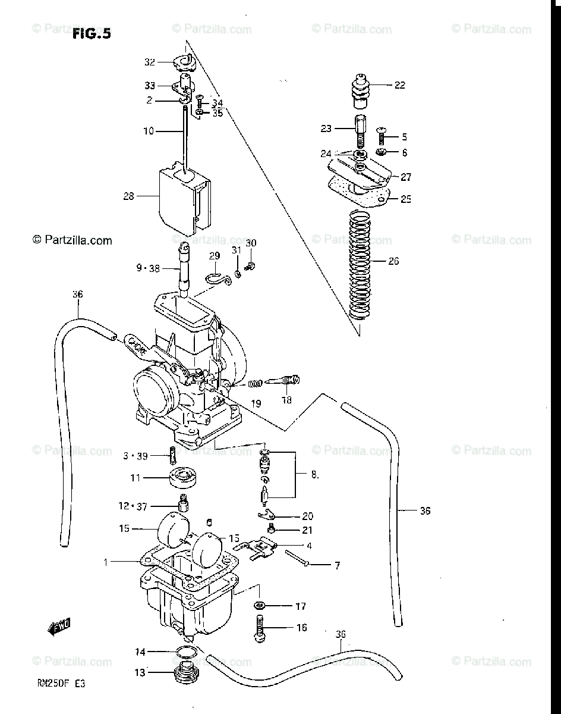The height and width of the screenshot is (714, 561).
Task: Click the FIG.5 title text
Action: coord(92,34)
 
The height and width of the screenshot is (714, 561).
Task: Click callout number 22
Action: coord(399,85)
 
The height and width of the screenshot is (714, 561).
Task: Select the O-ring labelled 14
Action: coord(186,652)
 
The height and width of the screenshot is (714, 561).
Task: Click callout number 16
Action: coord(301,627)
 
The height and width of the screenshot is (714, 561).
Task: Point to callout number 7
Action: coord(337,565)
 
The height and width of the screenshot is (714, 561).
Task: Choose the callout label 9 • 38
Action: coord(148,268)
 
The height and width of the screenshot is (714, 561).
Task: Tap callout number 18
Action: coord(287,400)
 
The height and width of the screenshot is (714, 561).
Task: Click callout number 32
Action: coord(149,61)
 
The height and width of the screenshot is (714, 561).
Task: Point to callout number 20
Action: coord(307,516)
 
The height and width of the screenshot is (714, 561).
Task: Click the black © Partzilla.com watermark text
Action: coord(72,240)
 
